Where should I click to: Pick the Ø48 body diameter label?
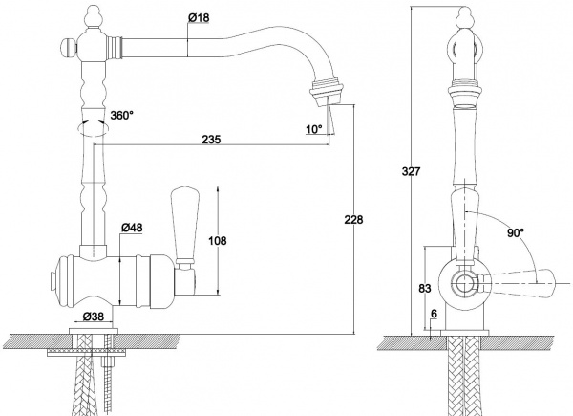[132, 228]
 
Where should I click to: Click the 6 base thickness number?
[435, 314]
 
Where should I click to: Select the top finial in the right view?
[463, 18]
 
